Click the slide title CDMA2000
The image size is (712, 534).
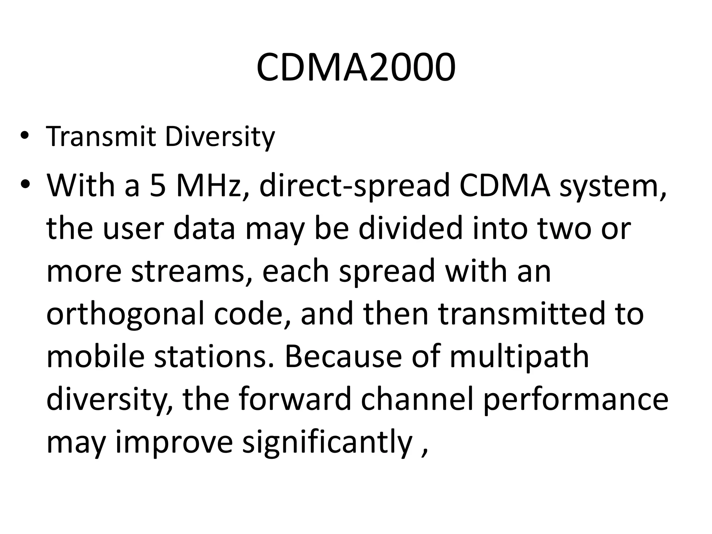[356, 68]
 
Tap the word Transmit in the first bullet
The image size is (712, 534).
[101, 137]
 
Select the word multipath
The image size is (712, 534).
[519, 357]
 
